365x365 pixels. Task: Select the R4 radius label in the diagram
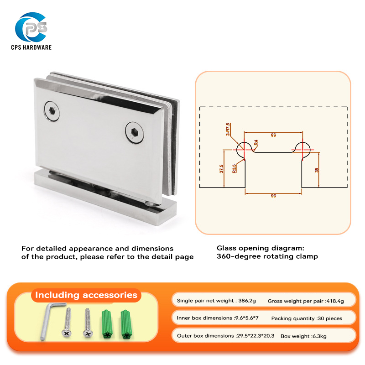coord(256,142)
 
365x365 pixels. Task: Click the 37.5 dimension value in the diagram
coord(221,169)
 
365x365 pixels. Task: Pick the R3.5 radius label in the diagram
coord(234,169)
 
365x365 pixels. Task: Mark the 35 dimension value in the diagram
coord(317,170)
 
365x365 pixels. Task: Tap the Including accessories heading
coord(86,295)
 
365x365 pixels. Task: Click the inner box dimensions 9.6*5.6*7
coord(246,318)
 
